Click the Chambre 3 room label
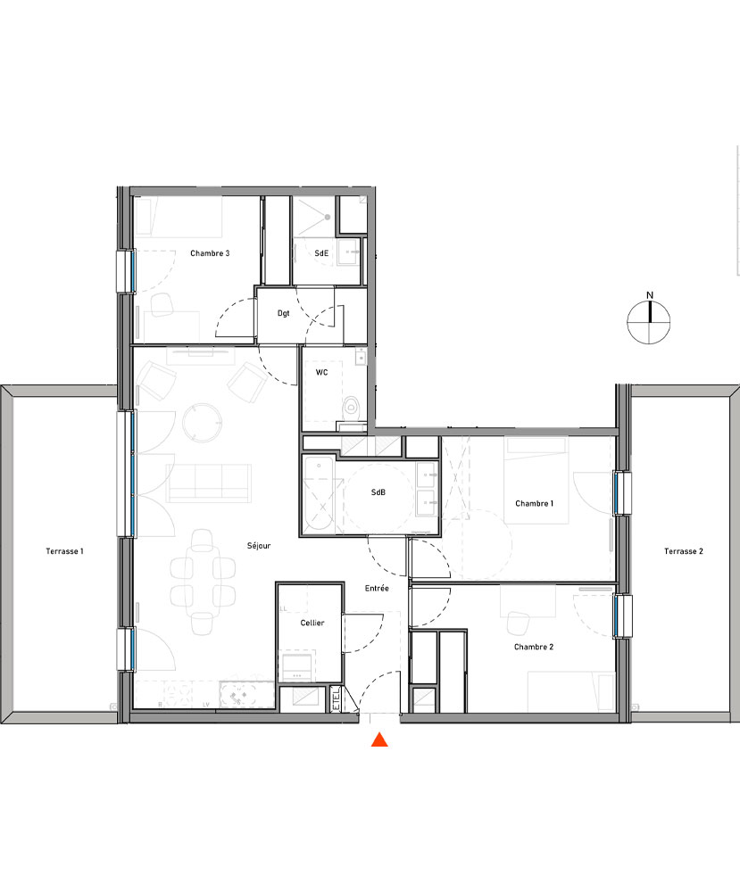point(210,253)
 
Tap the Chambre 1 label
point(535,504)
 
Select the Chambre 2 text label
point(534,647)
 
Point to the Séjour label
point(259,545)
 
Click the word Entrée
point(376,588)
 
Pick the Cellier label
point(312,623)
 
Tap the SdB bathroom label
point(378,492)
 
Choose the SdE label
point(321,253)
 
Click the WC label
point(321,372)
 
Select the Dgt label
point(283,313)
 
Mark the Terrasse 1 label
point(64,551)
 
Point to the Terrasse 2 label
point(684,551)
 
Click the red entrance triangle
point(379,739)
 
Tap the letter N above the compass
point(651,295)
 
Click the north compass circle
point(651,322)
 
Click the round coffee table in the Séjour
point(202,421)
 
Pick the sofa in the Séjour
point(207,482)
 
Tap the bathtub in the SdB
point(320,496)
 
